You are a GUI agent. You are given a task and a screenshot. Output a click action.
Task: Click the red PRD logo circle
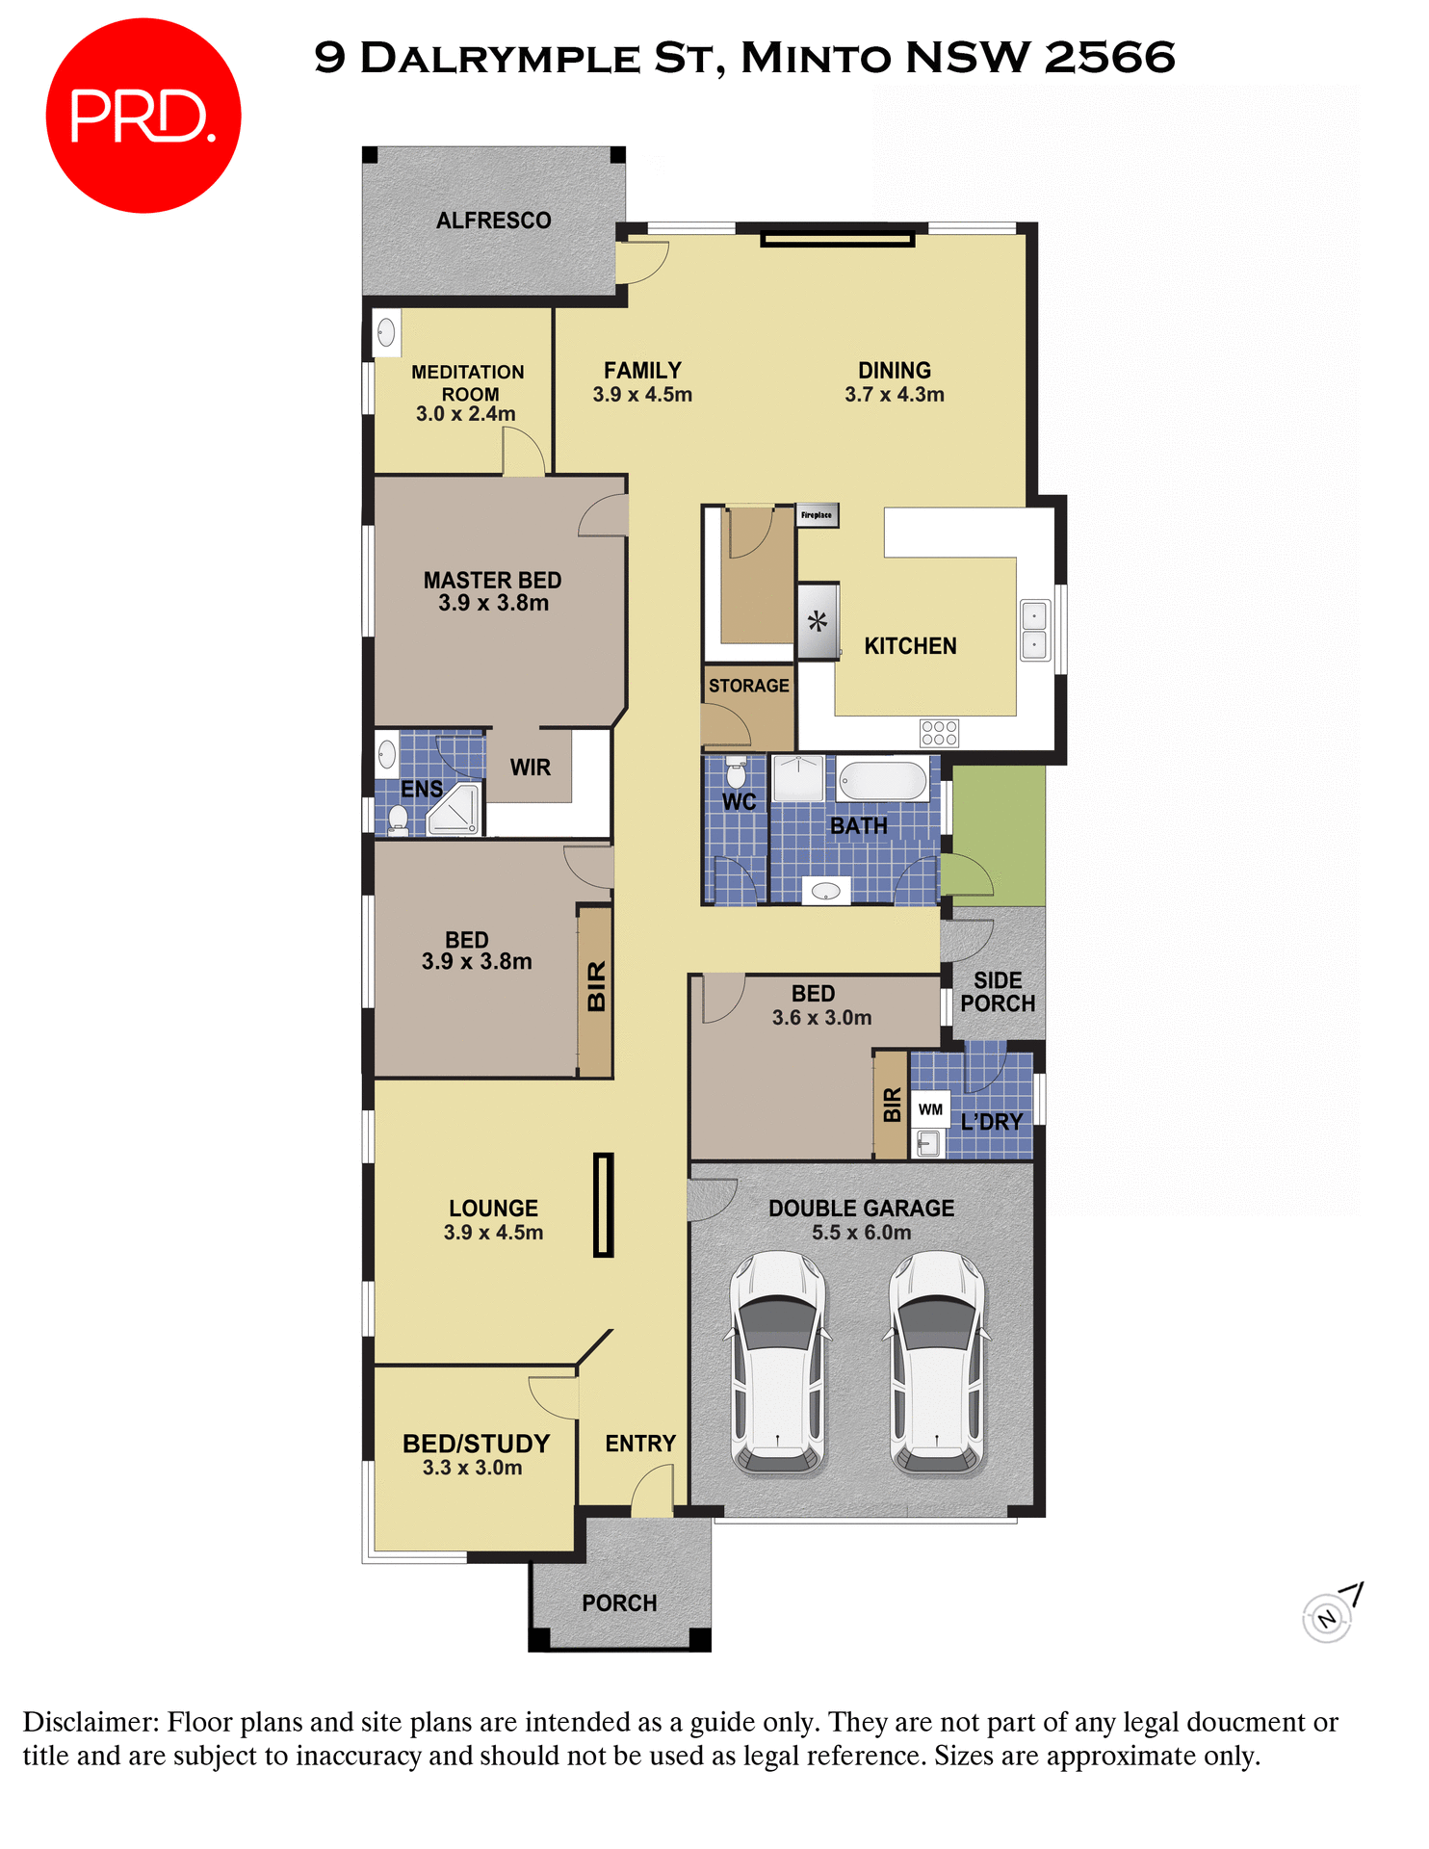pyautogui.click(x=143, y=116)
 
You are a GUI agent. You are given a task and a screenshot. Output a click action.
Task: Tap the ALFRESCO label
pyautogui.click(x=493, y=221)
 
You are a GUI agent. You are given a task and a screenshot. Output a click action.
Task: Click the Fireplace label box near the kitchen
pyautogui.click(x=817, y=515)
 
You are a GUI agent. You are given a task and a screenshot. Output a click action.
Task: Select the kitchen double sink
pyautogui.click(x=1034, y=630)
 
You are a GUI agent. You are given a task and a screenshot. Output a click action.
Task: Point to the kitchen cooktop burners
pyautogui.click(x=939, y=733)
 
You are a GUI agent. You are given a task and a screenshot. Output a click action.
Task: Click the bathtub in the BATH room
pyautogui.click(x=882, y=781)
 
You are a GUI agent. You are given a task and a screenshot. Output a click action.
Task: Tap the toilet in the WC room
pyautogui.click(x=736, y=771)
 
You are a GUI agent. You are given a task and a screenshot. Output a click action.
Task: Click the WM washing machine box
pyautogui.click(x=930, y=1109)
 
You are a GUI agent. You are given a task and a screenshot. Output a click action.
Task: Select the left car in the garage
pyautogui.click(x=778, y=1363)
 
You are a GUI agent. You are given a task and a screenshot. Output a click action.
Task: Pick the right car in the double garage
pyautogui.click(x=937, y=1363)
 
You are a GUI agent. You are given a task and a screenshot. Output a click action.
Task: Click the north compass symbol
pyautogui.click(x=1328, y=1618)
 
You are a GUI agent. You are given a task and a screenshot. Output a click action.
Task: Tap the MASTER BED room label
pyautogui.click(x=492, y=581)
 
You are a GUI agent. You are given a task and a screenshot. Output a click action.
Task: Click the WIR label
pyautogui.click(x=531, y=768)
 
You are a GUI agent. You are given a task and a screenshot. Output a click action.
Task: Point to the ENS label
pyautogui.click(x=422, y=790)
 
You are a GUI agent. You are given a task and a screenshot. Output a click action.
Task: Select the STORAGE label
pyautogui.click(x=748, y=686)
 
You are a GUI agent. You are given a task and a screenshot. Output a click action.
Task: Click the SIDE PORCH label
pyautogui.click(x=998, y=992)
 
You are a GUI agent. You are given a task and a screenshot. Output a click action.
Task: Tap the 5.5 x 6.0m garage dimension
pyautogui.click(x=861, y=1233)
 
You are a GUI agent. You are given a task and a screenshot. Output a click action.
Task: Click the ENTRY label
pyautogui.click(x=640, y=1444)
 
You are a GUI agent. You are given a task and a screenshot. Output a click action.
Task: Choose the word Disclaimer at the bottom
pyautogui.click(x=91, y=1722)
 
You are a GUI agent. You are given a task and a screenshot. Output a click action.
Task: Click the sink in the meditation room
pyautogui.click(x=386, y=333)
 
